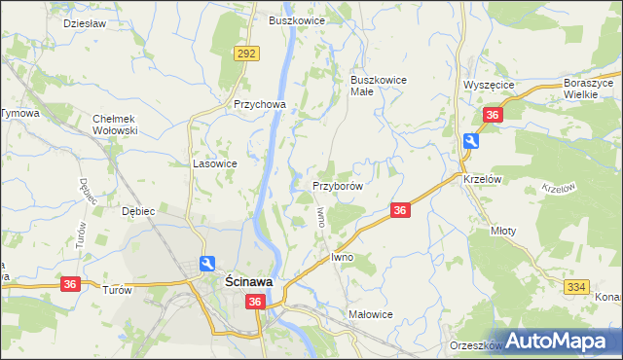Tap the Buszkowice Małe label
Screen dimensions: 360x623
[378, 86]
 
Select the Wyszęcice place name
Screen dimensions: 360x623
[489, 85]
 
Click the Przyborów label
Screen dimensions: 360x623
[338, 185]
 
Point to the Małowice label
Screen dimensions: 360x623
[370, 314]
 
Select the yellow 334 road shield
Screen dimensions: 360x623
[576, 286]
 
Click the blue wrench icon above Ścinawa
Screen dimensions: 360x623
[206, 263]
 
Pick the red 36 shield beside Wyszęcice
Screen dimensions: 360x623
[493, 115]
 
